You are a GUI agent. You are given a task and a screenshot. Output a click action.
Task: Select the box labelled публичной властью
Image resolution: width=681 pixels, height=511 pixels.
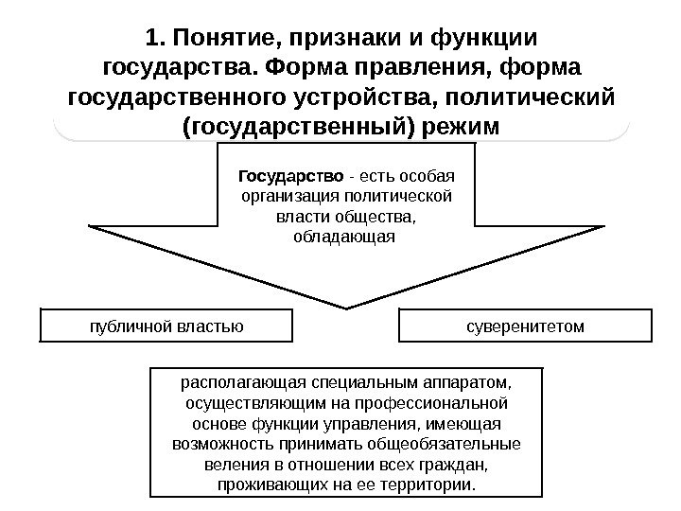pos(166,326)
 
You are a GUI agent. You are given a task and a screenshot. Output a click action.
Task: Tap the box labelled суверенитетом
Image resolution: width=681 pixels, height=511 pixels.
pos(526,326)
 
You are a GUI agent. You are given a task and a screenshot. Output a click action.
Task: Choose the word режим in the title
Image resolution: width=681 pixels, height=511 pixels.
pos(457,126)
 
